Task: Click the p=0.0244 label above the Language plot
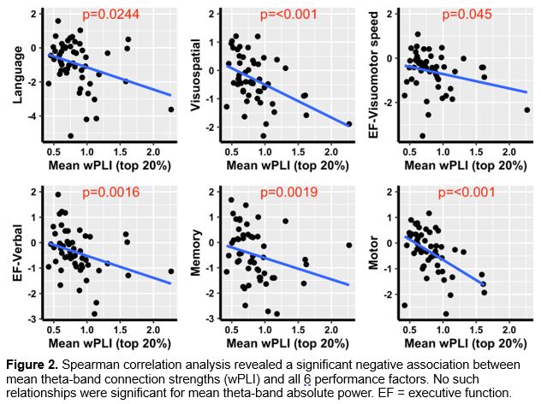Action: click(x=104, y=15)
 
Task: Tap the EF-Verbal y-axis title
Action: click(x=16, y=253)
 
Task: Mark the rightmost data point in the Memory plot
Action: click(x=348, y=245)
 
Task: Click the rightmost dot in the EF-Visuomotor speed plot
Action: click(x=526, y=110)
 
